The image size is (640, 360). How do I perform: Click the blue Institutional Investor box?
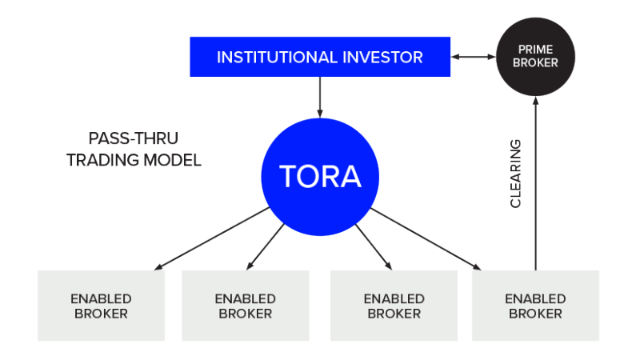319,57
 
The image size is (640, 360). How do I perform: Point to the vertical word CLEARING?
516,174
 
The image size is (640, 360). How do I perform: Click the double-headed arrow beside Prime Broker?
473,57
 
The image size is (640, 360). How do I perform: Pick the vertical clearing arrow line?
536,184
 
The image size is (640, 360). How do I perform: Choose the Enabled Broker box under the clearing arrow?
535,306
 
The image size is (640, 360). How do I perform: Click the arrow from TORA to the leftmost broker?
212,238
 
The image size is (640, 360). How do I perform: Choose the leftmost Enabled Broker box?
102,306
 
